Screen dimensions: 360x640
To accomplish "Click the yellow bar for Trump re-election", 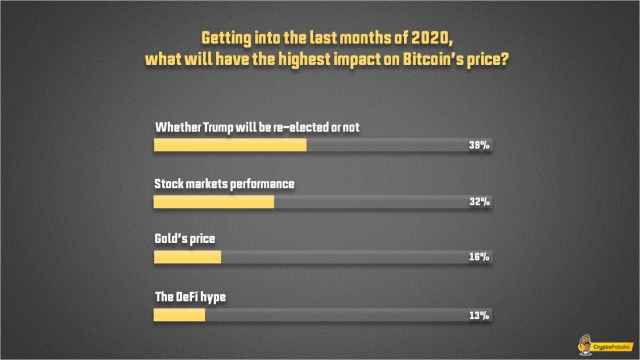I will coord(230,145).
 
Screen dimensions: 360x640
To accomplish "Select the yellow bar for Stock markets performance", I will coord(213,201).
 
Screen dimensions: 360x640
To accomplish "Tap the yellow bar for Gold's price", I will coord(187,257).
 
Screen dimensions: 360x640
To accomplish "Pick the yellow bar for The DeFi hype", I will coord(179,315).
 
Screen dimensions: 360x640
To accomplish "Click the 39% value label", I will coord(478,145).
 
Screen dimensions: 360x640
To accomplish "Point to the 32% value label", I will coord(478,202).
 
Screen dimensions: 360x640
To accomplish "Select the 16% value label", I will coord(478,257).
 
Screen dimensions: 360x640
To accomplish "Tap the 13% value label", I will coord(478,315).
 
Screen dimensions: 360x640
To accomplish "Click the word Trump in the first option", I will coord(220,127).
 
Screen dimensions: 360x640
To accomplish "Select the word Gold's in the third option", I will coord(170,239).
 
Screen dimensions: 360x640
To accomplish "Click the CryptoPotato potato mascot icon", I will coord(583,345).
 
